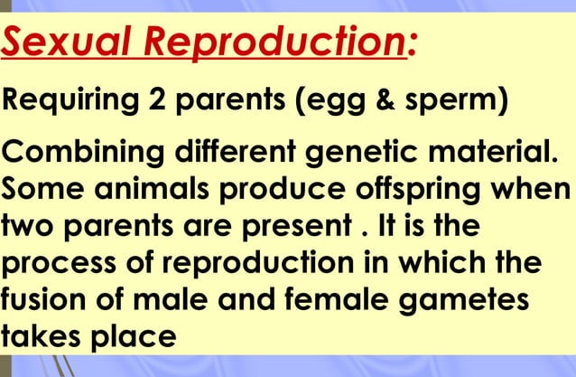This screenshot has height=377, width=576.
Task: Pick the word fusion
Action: [42, 303]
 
